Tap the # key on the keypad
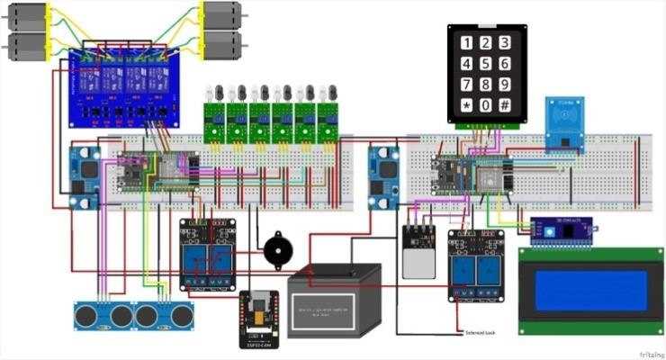click(x=506, y=106)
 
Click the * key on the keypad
click(x=466, y=106)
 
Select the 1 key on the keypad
click(x=466, y=42)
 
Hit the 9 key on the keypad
click(x=506, y=85)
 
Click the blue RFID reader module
click(x=563, y=124)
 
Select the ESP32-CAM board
click(x=259, y=319)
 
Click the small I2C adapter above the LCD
click(x=562, y=232)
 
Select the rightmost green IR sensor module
click(x=329, y=121)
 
